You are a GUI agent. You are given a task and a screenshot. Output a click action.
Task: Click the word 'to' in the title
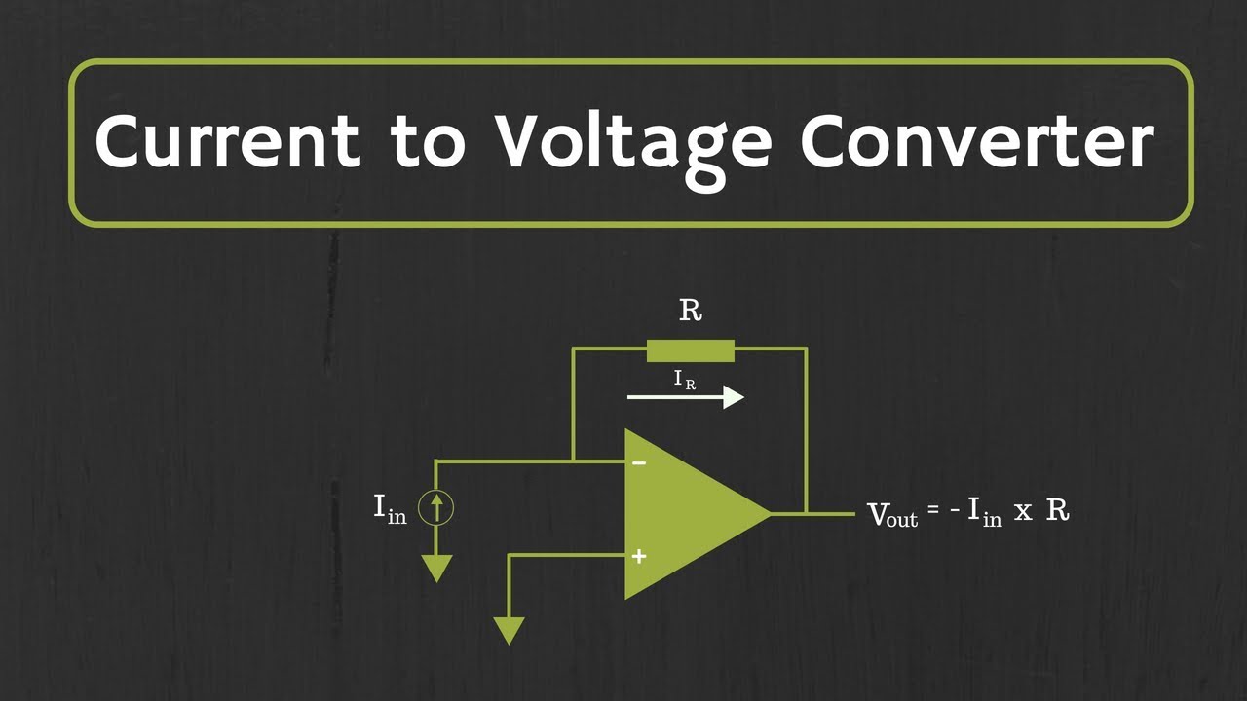[x=428, y=142]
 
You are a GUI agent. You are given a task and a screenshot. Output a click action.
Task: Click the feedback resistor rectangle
[x=691, y=351]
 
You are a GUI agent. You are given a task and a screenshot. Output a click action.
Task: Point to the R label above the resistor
[x=691, y=311]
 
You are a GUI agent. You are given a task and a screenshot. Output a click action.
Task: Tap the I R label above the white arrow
[x=685, y=380]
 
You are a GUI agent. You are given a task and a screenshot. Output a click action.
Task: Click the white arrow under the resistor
[x=686, y=397]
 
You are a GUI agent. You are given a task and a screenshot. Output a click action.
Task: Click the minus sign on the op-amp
[x=639, y=462]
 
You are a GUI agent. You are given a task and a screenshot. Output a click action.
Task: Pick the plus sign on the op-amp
[x=639, y=556]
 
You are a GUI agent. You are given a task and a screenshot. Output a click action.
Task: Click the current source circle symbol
[x=436, y=508]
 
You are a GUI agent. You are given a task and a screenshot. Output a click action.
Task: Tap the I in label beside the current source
[x=390, y=509]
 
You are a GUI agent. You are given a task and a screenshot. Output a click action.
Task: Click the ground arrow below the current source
[x=437, y=569]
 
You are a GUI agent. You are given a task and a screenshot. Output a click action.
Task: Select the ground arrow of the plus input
[x=509, y=631]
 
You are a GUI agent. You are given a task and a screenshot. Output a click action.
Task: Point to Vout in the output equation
[x=892, y=514]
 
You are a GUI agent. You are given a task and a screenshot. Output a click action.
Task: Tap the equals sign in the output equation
[x=933, y=509]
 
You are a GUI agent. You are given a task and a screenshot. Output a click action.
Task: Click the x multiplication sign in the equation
[x=1023, y=513]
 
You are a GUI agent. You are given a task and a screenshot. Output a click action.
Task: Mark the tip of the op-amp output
[x=772, y=514]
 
